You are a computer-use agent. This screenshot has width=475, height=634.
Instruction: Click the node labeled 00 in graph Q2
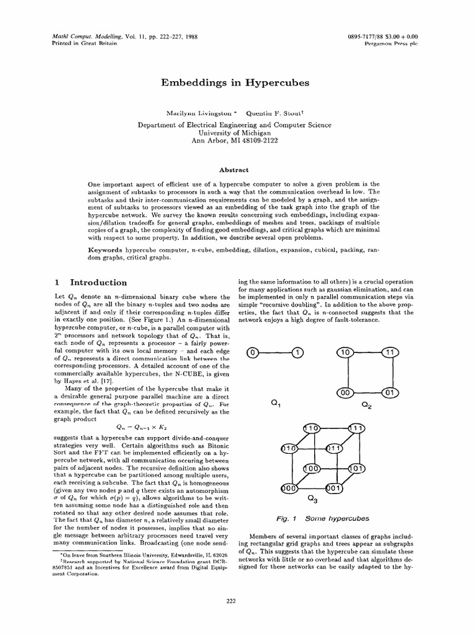[x=344, y=393]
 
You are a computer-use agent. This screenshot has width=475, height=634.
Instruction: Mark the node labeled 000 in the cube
[x=289, y=489]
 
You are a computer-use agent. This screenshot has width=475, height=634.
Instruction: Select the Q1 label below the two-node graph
[x=276, y=404]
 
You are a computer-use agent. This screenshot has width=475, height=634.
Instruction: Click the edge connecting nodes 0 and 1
[x=275, y=353]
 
